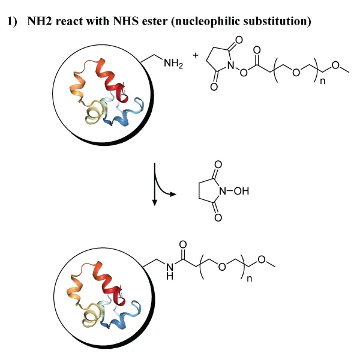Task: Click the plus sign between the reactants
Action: pyautogui.click(x=194, y=55)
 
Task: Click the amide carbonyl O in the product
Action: pyautogui.click(x=182, y=244)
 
